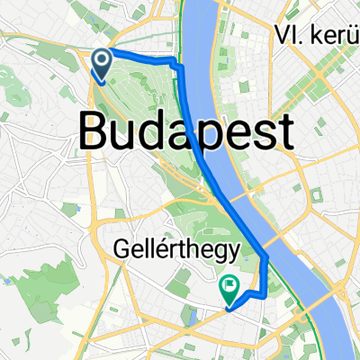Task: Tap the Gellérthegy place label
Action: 176,247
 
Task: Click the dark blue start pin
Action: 102,64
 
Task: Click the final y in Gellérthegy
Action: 231,250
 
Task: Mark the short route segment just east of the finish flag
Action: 252,294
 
